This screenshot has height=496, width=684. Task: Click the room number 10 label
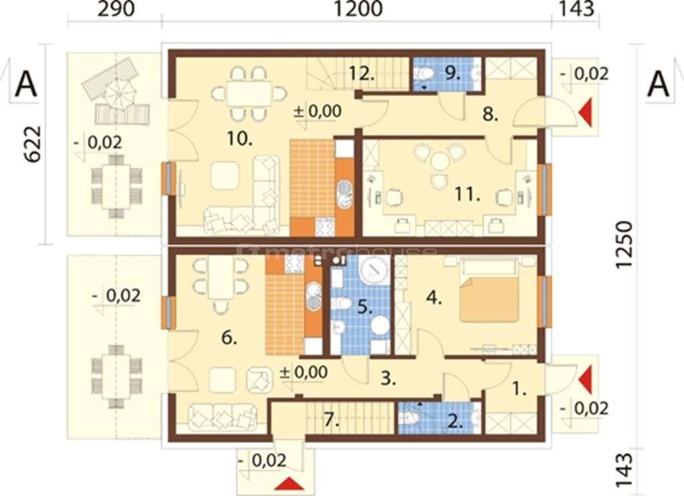238,139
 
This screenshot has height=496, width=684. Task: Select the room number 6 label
228,339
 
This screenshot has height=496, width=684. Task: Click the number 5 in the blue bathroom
363,308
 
